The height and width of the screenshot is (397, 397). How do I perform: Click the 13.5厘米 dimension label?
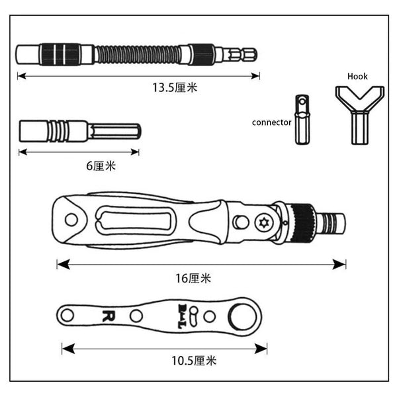(175, 87)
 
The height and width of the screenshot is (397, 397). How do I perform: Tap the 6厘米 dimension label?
(101, 166)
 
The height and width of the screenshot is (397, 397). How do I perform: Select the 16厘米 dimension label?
(193, 279)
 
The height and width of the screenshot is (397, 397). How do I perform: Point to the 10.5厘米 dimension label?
(194, 361)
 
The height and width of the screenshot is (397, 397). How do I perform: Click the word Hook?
(357, 76)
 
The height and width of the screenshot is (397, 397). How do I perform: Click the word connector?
(272, 122)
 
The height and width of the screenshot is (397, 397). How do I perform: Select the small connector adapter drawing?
(302, 120)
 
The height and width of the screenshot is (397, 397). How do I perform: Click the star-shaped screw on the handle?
(263, 223)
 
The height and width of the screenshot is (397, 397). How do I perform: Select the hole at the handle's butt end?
(71, 220)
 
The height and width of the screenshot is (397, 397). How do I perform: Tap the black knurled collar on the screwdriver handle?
(303, 223)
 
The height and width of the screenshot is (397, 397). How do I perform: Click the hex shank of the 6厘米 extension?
(114, 132)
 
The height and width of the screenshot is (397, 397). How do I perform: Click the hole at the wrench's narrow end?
(67, 316)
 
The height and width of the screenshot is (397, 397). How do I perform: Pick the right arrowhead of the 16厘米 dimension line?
(339, 264)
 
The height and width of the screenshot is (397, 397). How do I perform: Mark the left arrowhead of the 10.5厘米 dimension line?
(68, 349)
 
